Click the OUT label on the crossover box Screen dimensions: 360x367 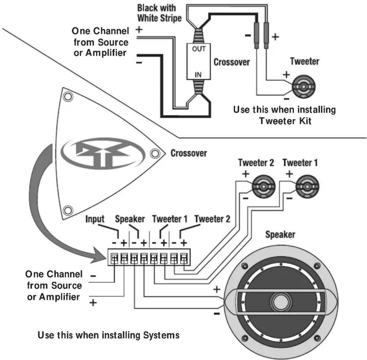point(198,49)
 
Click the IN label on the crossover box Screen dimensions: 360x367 point(198,75)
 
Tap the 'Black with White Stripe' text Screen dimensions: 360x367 point(159,13)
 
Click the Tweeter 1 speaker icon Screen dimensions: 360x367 point(307,187)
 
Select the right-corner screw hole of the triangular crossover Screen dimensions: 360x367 point(154,153)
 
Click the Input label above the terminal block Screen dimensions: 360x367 point(95,219)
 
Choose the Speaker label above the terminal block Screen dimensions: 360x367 point(130,219)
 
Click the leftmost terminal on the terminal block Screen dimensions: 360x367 point(114,258)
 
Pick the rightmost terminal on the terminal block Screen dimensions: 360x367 point(184,258)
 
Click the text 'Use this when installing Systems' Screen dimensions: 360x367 point(109,335)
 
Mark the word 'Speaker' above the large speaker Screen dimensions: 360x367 point(280,234)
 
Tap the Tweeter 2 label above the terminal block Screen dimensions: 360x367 point(212,219)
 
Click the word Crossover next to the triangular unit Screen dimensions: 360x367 point(189,153)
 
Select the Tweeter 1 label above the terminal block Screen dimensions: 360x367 point(170,219)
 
